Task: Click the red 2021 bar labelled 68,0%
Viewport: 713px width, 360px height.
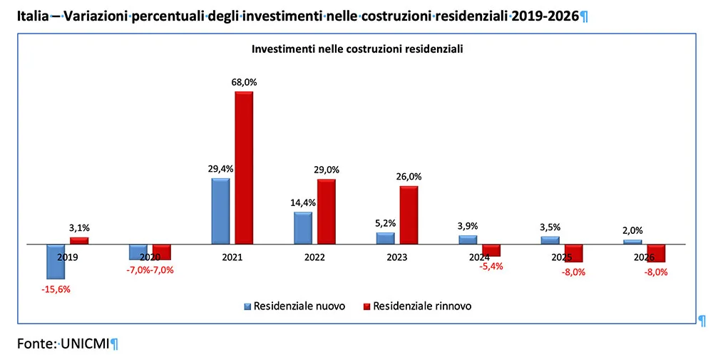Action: (x=244, y=168)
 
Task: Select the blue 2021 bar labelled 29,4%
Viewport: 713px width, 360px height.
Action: (x=220, y=211)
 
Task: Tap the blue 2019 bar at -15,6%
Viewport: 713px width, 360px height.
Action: (x=56, y=261)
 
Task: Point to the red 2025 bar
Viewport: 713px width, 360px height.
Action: (x=573, y=253)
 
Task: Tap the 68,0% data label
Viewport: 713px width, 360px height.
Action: (x=244, y=82)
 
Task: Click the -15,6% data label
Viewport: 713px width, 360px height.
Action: (x=56, y=289)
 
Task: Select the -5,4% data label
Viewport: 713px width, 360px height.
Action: (x=491, y=266)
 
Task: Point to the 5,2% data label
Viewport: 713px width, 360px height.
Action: (x=386, y=223)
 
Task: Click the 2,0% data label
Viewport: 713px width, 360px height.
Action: (x=632, y=230)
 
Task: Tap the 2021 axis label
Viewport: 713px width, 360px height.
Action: (x=231, y=257)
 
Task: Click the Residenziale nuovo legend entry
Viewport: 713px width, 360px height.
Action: (x=294, y=307)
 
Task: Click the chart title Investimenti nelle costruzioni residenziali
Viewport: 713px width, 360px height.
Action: (x=357, y=49)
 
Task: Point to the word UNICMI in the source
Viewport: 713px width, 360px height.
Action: (x=84, y=344)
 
